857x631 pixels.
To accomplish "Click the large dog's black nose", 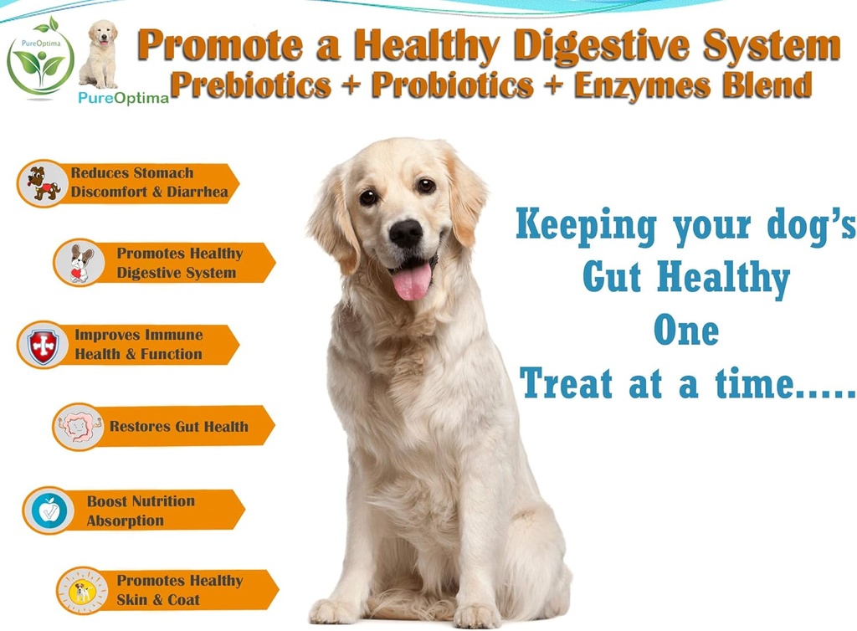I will pyautogui.click(x=406, y=233).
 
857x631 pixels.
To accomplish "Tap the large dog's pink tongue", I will pyautogui.click(x=412, y=280).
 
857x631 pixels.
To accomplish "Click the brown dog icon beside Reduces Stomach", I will pyautogui.click(x=43, y=183).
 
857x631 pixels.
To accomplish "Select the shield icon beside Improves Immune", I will pyautogui.click(x=42, y=344).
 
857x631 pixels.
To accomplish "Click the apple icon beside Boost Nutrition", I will pyautogui.click(x=49, y=510).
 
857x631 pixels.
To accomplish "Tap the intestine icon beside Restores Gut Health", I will pyautogui.click(x=80, y=427).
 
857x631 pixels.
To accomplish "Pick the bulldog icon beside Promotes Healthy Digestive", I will pyautogui.click(x=80, y=263).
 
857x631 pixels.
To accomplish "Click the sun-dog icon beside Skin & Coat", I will pyautogui.click(x=82, y=591).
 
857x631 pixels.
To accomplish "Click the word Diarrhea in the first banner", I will pyautogui.click(x=197, y=192).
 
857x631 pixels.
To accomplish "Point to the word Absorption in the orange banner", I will pyautogui.click(x=125, y=521).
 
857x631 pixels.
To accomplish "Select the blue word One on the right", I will pyautogui.click(x=685, y=331).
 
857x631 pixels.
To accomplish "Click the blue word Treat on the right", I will pyautogui.click(x=567, y=384).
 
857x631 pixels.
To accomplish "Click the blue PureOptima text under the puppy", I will pyautogui.click(x=123, y=97).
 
